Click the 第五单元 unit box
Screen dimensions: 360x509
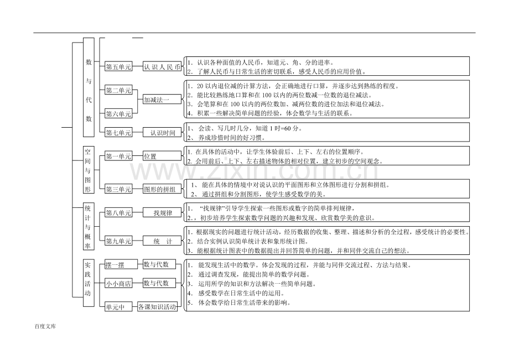click(118, 67)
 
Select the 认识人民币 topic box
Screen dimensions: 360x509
click(162, 67)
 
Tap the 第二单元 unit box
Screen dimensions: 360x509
click(118, 90)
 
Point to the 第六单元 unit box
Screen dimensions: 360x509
click(118, 114)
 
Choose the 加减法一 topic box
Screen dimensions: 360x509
click(157, 100)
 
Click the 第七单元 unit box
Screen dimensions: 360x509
click(118, 133)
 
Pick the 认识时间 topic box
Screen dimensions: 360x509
click(162, 133)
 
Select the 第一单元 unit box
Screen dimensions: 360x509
click(118, 156)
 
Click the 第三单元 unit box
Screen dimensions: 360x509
click(118, 190)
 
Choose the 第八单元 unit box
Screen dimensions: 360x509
click(118, 213)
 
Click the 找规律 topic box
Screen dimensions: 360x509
click(162, 213)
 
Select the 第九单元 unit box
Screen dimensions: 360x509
click(118, 241)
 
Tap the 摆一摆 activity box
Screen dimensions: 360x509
click(118, 265)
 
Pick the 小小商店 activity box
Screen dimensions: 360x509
click(118, 284)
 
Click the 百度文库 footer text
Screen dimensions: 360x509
click(45, 326)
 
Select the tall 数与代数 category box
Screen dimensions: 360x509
click(89, 87)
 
